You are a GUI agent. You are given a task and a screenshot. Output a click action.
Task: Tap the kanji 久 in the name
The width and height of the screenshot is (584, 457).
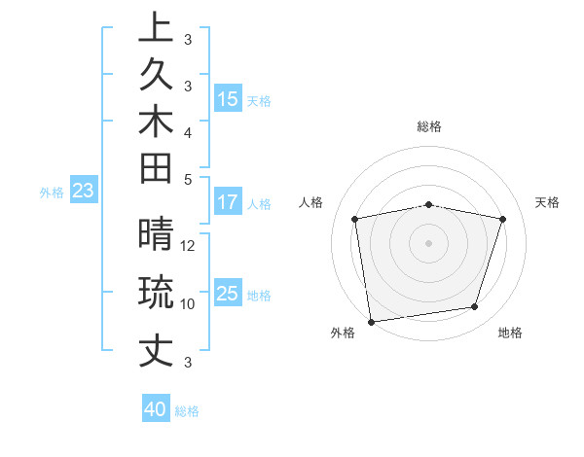(156, 76)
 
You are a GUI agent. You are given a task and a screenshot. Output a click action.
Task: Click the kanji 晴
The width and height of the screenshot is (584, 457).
(156, 236)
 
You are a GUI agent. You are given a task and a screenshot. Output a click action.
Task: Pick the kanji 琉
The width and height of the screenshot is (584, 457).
(156, 293)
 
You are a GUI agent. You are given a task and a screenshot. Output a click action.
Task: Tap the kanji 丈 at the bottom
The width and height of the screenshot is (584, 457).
(156, 349)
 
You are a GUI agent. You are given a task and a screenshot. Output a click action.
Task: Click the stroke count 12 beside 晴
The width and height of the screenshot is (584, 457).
(189, 246)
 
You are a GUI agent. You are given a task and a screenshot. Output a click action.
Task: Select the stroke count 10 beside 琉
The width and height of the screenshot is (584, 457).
(188, 303)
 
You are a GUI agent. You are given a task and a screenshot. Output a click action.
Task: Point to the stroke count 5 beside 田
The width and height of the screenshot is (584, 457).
(188, 179)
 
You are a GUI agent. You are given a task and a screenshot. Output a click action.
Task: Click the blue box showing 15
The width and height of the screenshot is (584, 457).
(228, 99)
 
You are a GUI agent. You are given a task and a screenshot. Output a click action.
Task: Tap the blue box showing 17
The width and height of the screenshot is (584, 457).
(228, 203)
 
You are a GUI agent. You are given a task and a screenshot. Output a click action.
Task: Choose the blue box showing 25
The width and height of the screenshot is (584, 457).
(228, 294)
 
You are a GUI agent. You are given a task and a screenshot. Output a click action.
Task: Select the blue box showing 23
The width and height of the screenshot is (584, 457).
(83, 192)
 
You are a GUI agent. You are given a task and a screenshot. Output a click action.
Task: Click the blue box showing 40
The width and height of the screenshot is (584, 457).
(156, 409)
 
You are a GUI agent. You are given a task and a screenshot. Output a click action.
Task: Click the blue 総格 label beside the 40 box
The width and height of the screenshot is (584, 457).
(187, 411)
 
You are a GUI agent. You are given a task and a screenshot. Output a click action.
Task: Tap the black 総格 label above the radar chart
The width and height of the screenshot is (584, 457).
(429, 126)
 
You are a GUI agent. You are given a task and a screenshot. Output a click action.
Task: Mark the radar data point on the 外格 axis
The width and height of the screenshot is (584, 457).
(371, 321)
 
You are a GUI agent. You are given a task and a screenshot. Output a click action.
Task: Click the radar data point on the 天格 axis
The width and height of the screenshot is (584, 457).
(503, 219)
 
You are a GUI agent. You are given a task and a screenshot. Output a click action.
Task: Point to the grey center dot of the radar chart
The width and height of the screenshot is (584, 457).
(429, 242)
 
